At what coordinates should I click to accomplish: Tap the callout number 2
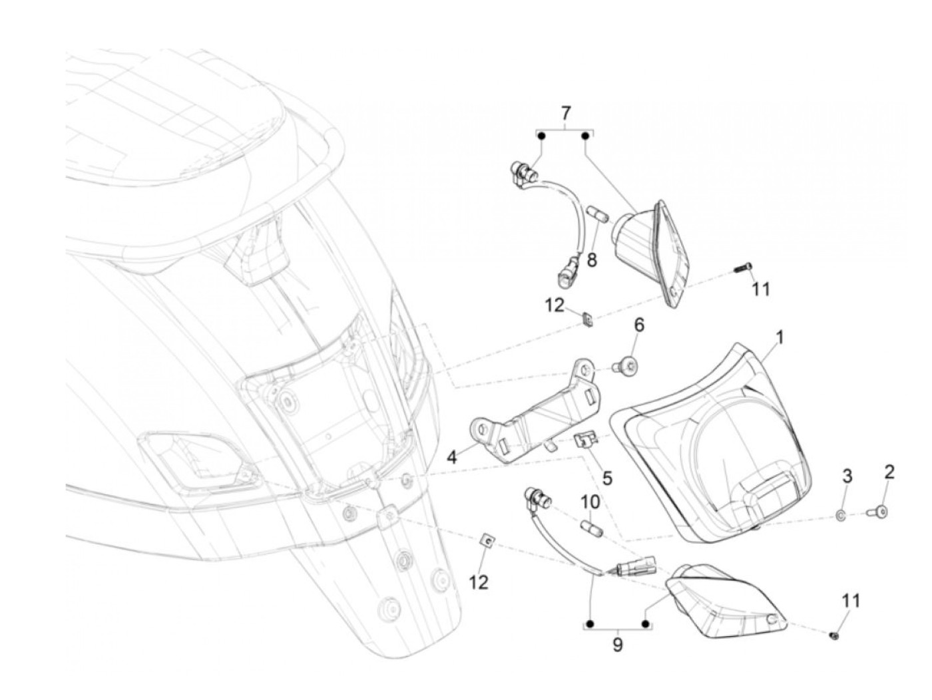coord(889,473)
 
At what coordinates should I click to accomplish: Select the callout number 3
coord(847,476)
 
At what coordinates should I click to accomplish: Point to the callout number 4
coord(452,457)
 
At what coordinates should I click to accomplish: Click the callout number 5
coord(606,478)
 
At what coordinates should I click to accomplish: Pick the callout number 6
coord(638,326)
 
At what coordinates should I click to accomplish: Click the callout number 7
coord(565,111)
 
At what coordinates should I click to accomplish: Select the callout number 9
coord(618,644)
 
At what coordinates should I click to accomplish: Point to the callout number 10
coord(591,500)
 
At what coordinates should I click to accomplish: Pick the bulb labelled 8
coord(595,217)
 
